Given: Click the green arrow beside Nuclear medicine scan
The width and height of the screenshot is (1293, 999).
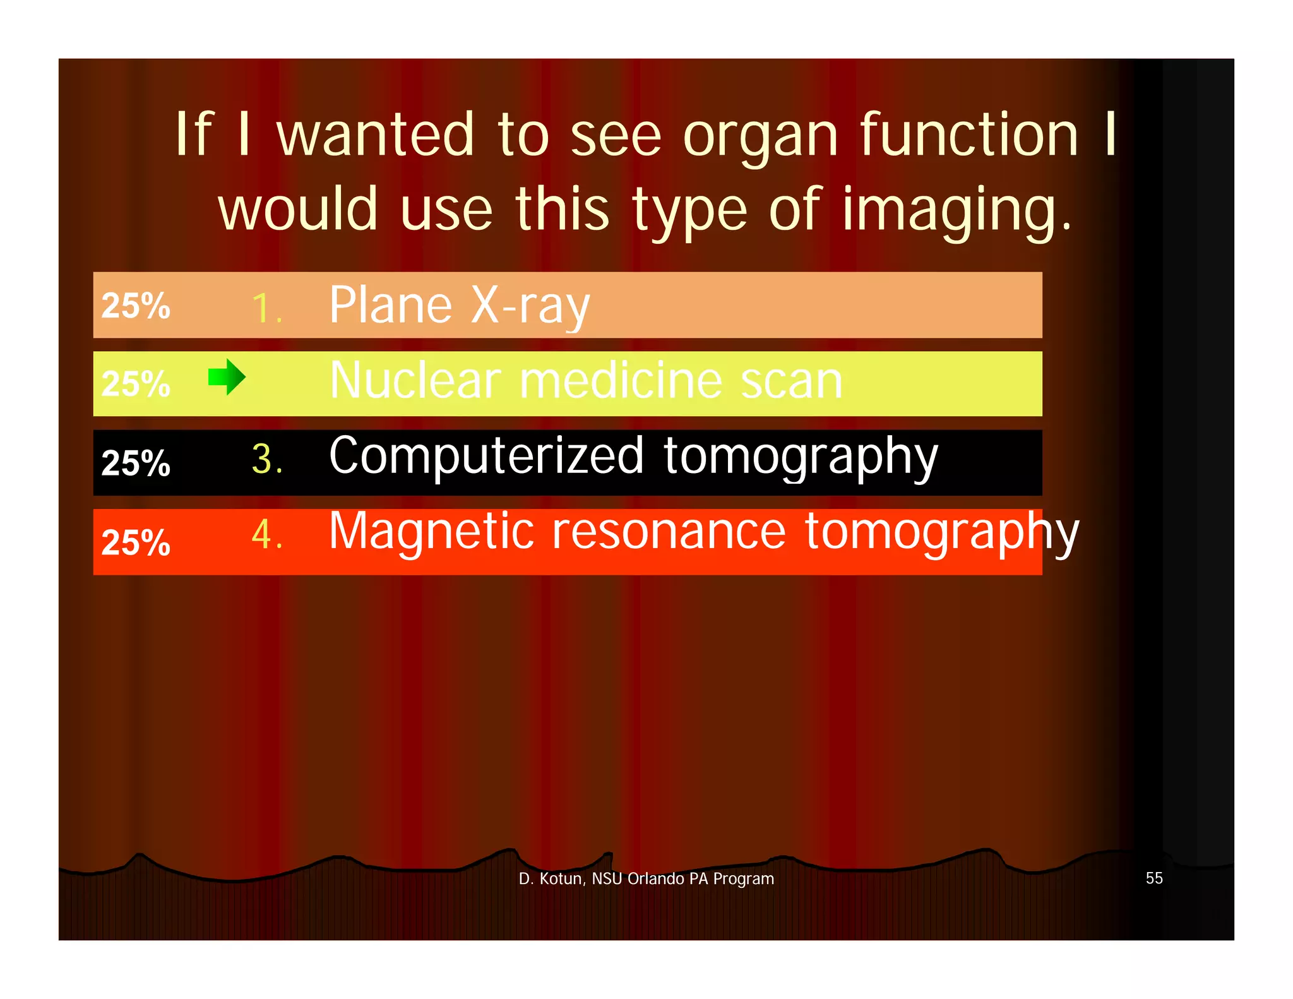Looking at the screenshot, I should [227, 377].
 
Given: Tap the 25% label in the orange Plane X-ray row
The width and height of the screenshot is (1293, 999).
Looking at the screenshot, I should [136, 306].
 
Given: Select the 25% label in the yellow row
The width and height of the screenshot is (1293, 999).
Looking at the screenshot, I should [136, 384].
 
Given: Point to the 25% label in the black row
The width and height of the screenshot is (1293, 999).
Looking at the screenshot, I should [136, 463].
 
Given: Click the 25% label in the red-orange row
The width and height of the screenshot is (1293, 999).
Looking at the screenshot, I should [136, 542].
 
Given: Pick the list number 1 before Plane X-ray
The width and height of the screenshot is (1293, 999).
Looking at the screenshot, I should [265, 309].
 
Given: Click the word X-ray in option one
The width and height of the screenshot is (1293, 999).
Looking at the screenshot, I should [530, 306].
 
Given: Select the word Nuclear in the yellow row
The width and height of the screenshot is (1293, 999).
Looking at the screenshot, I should [415, 381].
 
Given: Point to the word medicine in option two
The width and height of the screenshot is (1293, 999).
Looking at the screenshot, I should [621, 381].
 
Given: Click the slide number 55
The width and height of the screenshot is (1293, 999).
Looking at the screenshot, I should [1154, 878].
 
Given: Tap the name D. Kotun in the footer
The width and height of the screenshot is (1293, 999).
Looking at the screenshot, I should [552, 879].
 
